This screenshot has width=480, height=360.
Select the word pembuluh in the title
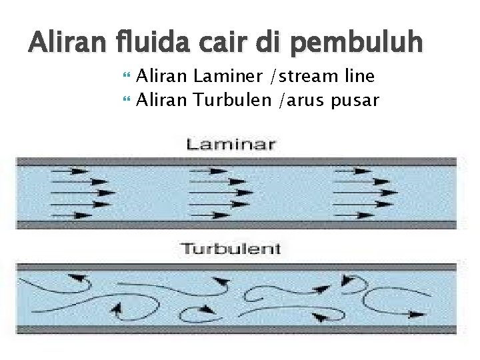[x=357, y=44]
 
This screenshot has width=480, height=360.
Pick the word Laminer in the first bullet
[x=227, y=77]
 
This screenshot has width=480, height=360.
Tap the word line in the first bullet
[x=359, y=77]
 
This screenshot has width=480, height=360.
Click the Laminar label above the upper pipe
[x=231, y=144]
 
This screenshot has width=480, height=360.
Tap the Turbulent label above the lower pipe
[x=231, y=249]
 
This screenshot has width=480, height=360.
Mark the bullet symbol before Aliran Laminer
[x=127, y=77]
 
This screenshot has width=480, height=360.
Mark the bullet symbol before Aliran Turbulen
[x=127, y=101]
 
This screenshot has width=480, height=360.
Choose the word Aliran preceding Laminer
[x=163, y=77]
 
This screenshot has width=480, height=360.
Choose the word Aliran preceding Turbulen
[x=163, y=101]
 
